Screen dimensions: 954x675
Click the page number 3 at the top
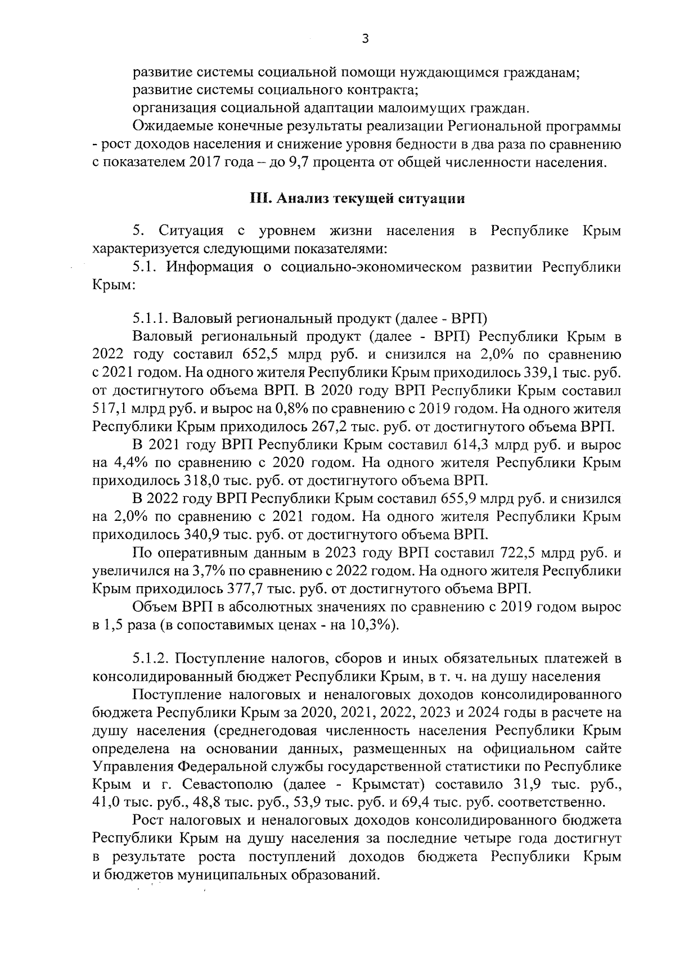[x=365, y=39]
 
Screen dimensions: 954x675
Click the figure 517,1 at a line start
[x=108, y=408]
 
